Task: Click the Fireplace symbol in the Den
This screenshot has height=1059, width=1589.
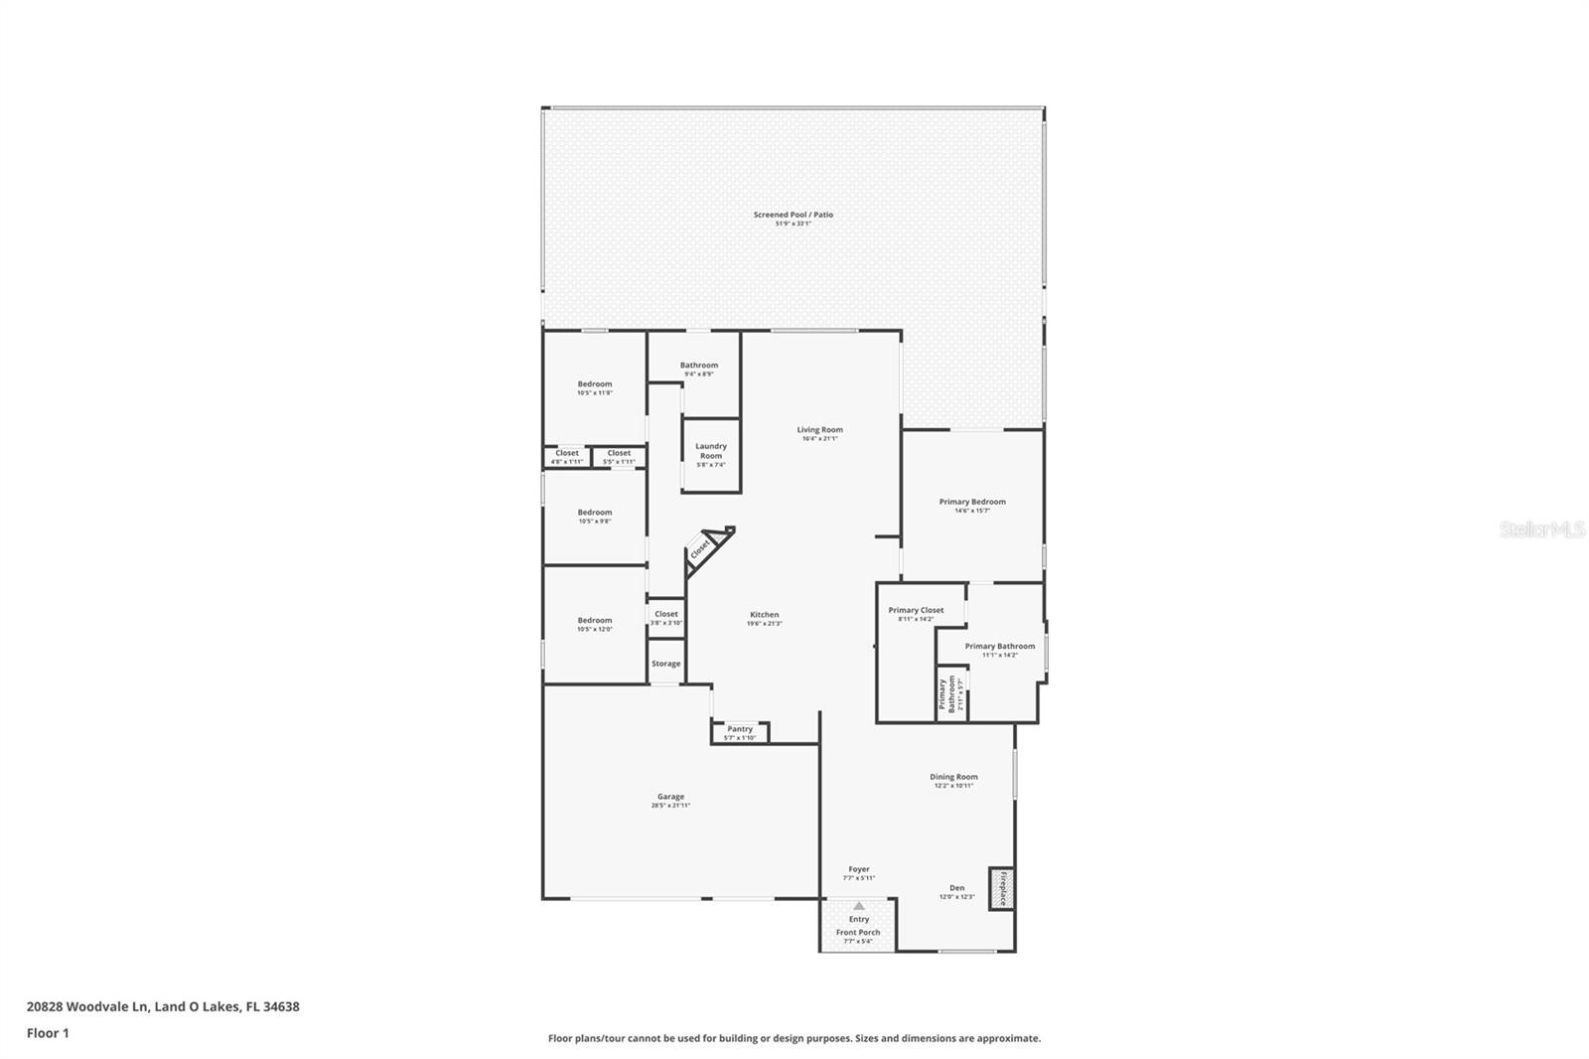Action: (1001, 888)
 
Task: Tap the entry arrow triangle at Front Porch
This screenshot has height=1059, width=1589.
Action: (858, 906)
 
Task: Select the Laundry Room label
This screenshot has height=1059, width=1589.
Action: (711, 451)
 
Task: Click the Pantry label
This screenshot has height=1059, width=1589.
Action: (740, 729)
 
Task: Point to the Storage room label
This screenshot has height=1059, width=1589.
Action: (666, 664)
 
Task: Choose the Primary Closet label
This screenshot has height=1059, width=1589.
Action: (916, 610)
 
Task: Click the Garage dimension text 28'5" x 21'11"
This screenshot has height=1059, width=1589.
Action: (670, 806)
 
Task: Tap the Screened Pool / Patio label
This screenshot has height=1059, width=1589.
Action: (794, 215)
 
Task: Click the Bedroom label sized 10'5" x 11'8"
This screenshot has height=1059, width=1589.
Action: (595, 383)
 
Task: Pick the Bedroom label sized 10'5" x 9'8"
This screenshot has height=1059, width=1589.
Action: (595, 513)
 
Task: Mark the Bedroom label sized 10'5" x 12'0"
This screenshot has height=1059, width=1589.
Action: (595, 620)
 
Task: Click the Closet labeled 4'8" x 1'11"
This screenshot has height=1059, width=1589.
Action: (567, 453)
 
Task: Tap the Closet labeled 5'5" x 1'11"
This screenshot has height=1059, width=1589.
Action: (619, 453)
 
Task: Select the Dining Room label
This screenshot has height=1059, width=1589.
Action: (953, 777)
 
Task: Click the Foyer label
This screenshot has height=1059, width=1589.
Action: (859, 869)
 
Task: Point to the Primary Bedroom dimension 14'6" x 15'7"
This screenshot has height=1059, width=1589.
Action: (972, 511)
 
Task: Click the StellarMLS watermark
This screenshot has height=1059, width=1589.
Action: (1542, 530)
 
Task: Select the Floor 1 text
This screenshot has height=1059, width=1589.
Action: (48, 1033)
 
